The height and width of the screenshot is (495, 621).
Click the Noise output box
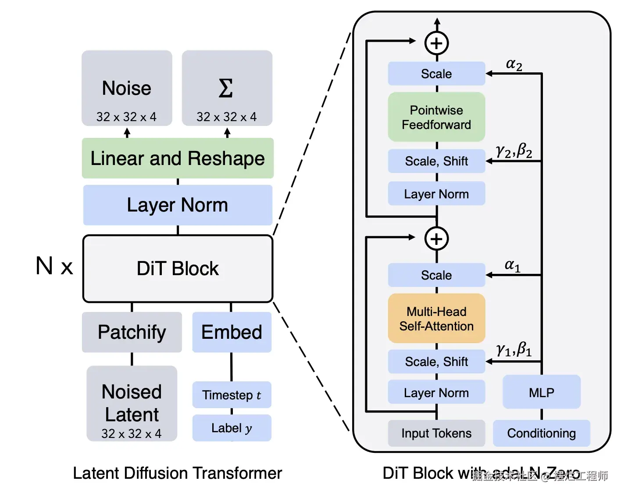(127, 88)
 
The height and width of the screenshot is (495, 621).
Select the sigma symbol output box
(227, 88)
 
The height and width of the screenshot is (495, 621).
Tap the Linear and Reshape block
(178, 158)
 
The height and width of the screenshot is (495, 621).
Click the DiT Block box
(178, 269)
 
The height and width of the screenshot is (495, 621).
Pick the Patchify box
(132, 332)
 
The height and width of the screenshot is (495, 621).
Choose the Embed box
(232, 332)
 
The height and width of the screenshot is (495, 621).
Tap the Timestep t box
(232, 395)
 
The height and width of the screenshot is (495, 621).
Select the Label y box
(232, 428)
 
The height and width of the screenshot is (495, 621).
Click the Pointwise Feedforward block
(436, 117)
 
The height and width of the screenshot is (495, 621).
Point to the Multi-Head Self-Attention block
(436, 319)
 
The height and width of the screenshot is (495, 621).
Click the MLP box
(542, 392)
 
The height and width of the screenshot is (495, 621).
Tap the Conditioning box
(542, 433)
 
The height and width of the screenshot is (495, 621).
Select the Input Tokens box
(436, 433)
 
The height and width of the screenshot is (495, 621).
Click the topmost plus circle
(436, 43)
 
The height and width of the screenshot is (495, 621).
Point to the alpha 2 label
(514, 64)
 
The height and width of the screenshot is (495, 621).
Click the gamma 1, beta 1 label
(514, 350)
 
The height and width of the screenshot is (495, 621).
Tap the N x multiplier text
(54, 266)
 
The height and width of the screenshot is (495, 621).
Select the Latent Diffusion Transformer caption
(177, 473)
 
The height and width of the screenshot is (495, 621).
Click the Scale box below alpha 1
(436, 275)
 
